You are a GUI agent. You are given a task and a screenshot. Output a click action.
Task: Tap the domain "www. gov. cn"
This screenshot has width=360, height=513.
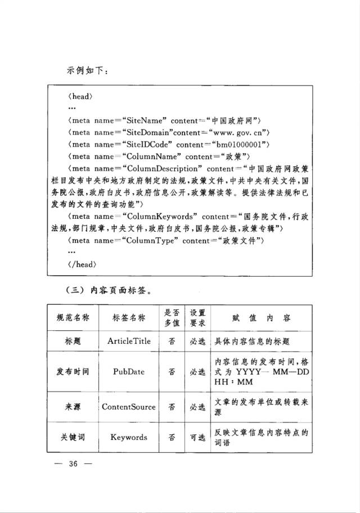coord(238,133)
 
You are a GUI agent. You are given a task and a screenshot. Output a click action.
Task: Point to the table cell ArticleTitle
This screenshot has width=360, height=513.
coord(129,341)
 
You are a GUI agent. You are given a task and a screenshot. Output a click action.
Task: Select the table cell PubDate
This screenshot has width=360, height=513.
coord(129,372)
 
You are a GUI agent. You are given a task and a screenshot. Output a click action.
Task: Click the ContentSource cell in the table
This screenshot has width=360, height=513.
coord(129,407)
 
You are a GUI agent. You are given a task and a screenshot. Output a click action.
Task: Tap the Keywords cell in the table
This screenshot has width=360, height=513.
coord(129,437)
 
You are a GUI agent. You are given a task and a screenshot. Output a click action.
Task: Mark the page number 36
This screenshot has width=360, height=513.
coord(72,464)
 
